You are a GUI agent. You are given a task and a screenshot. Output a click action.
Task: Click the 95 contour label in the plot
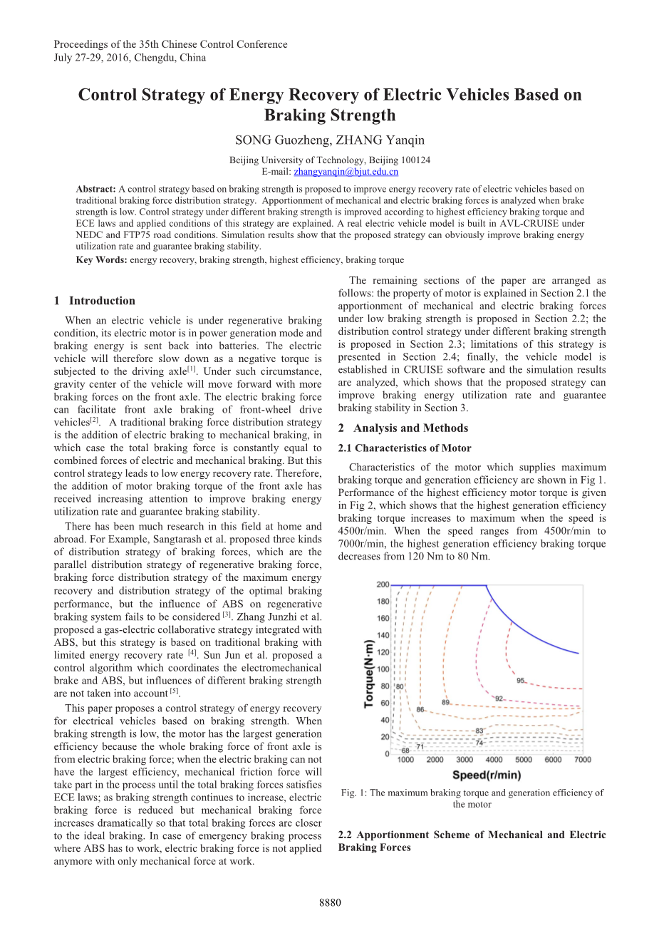click(521, 681)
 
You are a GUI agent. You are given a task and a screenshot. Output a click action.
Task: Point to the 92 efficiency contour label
click(499, 699)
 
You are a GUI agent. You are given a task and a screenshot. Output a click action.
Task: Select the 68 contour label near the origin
click(405, 751)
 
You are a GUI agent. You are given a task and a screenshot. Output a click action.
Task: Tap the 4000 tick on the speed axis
click(494, 760)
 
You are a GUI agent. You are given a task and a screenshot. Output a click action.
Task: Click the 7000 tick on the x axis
click(583, 760)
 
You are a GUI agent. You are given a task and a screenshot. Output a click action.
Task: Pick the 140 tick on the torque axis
click(383, 635)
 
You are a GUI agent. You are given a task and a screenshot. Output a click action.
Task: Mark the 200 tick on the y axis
click(383, 584)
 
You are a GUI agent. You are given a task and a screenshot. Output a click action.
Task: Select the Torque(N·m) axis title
click(369, 669)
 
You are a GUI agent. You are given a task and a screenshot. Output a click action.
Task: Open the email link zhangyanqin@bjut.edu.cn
click(346, 172)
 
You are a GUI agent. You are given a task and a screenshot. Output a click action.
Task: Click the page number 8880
click(330, 903)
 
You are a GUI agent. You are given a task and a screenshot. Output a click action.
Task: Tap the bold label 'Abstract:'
click(95, 189)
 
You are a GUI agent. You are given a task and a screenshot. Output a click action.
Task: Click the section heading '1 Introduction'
click(95, 301)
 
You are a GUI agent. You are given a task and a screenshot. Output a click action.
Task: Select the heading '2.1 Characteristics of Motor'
click(404, 448)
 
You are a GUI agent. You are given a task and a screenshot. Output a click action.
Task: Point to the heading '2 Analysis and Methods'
click(403, 428)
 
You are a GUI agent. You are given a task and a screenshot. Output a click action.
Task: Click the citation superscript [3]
click(227, 615)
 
